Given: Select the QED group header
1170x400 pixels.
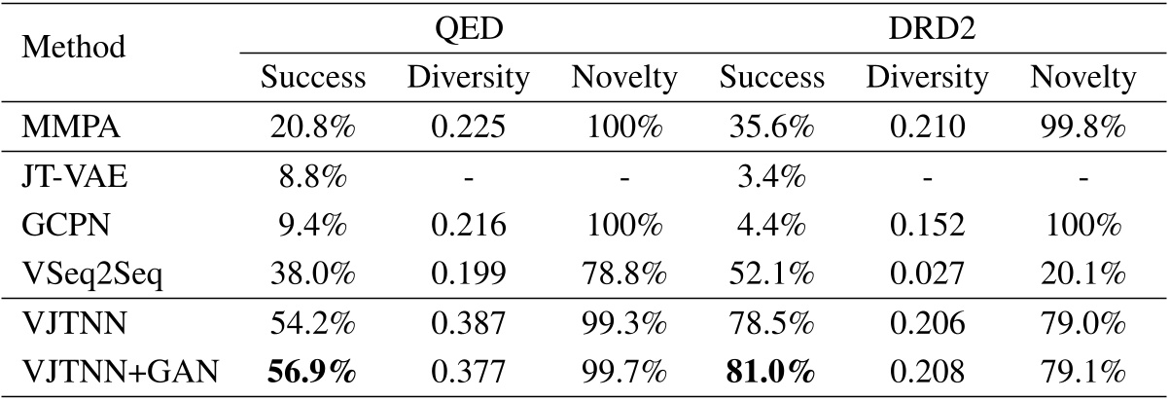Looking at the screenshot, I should [x=468, y=26].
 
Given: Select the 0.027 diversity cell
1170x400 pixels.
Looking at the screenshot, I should [x=928, y=272].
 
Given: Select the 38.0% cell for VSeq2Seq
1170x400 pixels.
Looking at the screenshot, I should [x=312, y=272].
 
